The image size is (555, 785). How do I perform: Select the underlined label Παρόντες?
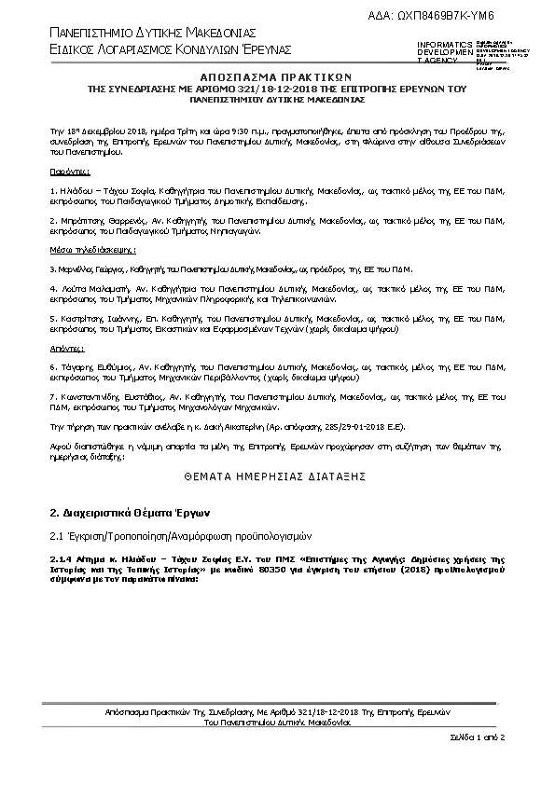(x=64, y=173)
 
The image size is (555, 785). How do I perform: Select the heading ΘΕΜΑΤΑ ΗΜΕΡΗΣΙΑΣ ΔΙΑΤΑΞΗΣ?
(x=277, y=475)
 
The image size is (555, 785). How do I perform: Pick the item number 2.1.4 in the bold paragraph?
(x=62, y=557)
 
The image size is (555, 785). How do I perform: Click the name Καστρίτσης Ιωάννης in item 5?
(x=97, y=318)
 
